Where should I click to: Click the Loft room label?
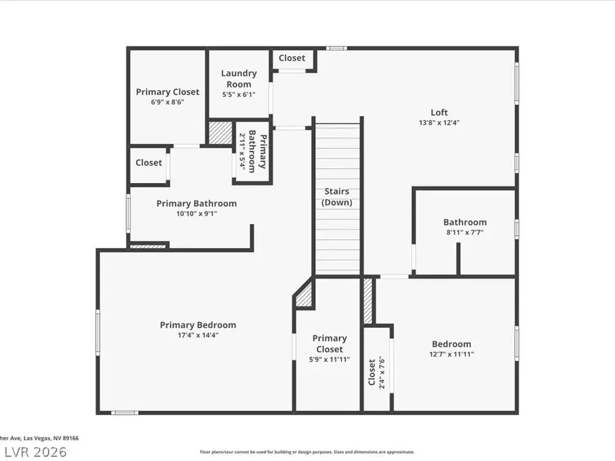[x=439, y=113]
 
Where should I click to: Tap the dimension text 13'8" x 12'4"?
[x=439, y=123]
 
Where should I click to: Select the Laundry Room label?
[x=238, y=79]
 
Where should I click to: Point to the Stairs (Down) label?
[x=336, y=197]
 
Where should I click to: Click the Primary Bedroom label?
[x=198, y=325]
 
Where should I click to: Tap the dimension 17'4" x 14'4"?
[x=198, y=335]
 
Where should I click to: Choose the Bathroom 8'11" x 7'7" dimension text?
[x=465, y=232]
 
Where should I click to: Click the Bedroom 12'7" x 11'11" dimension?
[x=451, y=354]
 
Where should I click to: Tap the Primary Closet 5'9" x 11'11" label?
[x=330, y=348]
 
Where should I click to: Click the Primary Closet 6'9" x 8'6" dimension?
[x=167, y=102]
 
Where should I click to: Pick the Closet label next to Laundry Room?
[x=292, y=58]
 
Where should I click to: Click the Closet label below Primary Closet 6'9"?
[x=148, y=163]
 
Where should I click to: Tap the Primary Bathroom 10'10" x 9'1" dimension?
[x=196, y=213]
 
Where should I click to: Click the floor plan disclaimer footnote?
[x=307, y=451]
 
